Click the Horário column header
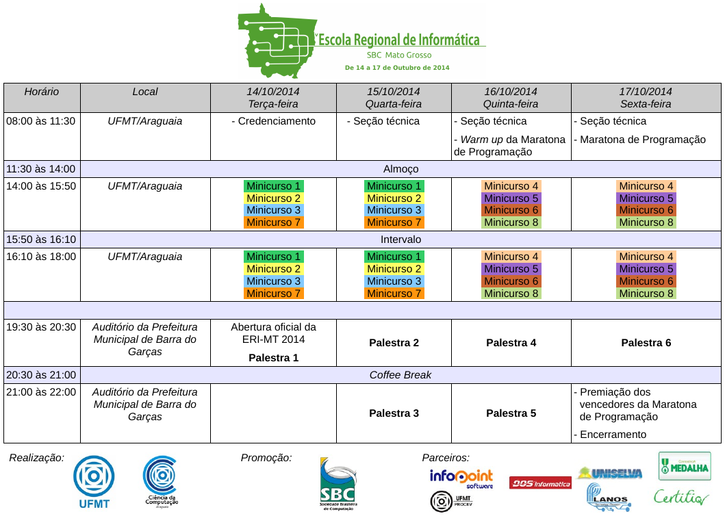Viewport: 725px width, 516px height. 42,92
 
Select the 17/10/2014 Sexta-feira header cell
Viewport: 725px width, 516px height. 646,98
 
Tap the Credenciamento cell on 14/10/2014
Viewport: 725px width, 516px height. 274,121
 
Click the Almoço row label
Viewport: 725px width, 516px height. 400,169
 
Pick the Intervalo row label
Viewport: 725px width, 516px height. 400,240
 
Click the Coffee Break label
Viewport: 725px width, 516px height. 400,375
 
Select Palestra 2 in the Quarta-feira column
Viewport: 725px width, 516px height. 394,343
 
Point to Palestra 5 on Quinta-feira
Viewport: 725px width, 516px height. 511,413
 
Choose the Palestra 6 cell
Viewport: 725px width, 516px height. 646,343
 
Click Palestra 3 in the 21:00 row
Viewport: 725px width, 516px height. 394,413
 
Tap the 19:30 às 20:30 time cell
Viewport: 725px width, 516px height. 41,327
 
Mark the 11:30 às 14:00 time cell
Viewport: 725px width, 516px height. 41,169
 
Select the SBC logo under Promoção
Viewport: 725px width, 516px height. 338,483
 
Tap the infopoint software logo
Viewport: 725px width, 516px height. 461,477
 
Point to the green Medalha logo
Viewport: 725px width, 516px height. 684,465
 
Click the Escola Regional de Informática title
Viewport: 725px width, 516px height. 399,40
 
